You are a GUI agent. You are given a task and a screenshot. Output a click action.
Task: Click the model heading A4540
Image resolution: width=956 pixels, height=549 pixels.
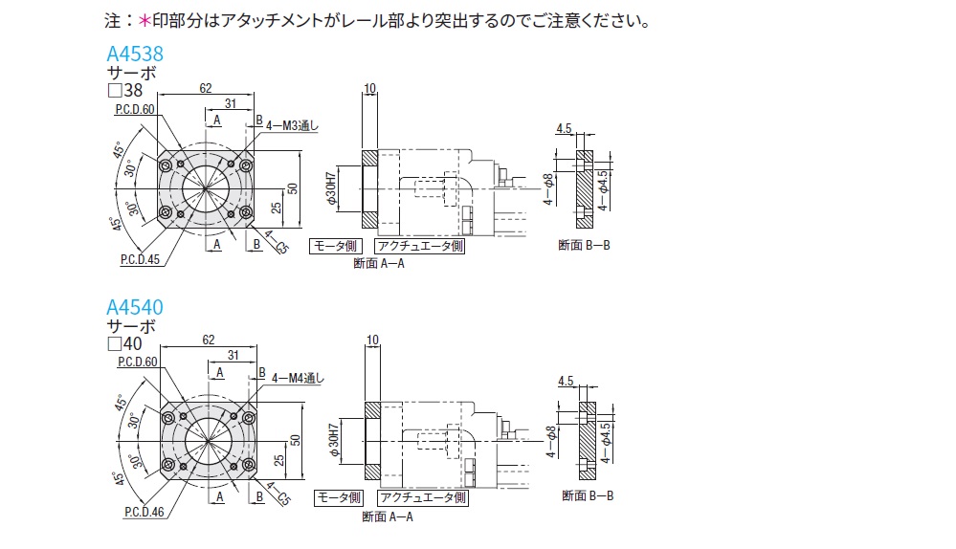[x=134, y=307]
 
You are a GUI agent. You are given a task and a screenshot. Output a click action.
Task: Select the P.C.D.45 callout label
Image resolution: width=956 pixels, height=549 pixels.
[x=140, y=259]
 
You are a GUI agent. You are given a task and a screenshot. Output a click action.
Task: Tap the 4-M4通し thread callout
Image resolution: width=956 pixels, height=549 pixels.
[x=299, y=378]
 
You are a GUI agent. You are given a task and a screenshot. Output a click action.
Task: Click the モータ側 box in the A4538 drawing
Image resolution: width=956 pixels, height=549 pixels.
[x=337, y=247]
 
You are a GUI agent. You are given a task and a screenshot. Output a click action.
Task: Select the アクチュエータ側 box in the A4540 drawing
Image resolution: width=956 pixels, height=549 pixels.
[x=422, y=498]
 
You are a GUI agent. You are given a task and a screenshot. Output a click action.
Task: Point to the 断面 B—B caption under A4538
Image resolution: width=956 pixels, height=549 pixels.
[x=584, y=246]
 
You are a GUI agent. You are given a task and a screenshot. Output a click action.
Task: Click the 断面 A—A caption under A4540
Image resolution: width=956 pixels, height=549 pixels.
[x=387, y=517]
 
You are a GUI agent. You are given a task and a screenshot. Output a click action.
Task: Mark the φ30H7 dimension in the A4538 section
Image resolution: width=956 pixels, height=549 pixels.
[x=331, y=189]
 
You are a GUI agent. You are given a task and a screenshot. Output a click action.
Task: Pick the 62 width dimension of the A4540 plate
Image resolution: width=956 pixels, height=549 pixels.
[x=207, y=340]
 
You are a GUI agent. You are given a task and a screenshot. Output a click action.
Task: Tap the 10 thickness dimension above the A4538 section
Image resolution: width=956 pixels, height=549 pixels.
[x=370, y=89]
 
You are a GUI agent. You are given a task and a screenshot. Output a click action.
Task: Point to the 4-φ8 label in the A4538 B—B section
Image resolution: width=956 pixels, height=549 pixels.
[x=548, y=189]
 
